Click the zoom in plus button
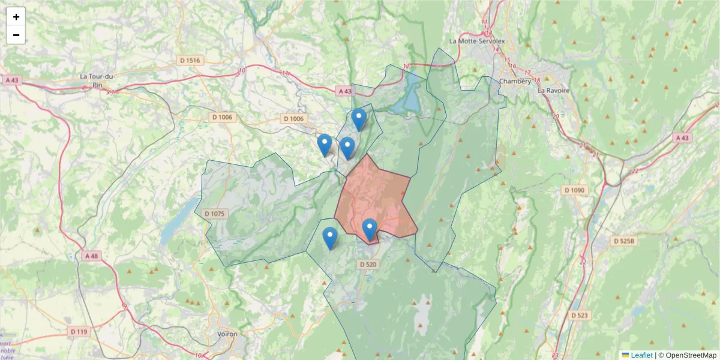pos(16,17)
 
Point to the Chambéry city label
pos(515,82)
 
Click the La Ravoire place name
pos(553,90)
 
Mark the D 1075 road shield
pos(214,214)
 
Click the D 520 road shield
pos(369,264)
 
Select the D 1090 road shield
pos(574,190)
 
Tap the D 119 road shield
pos(79,331)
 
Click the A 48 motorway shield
pos(91,256)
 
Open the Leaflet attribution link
pos(641,355)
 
